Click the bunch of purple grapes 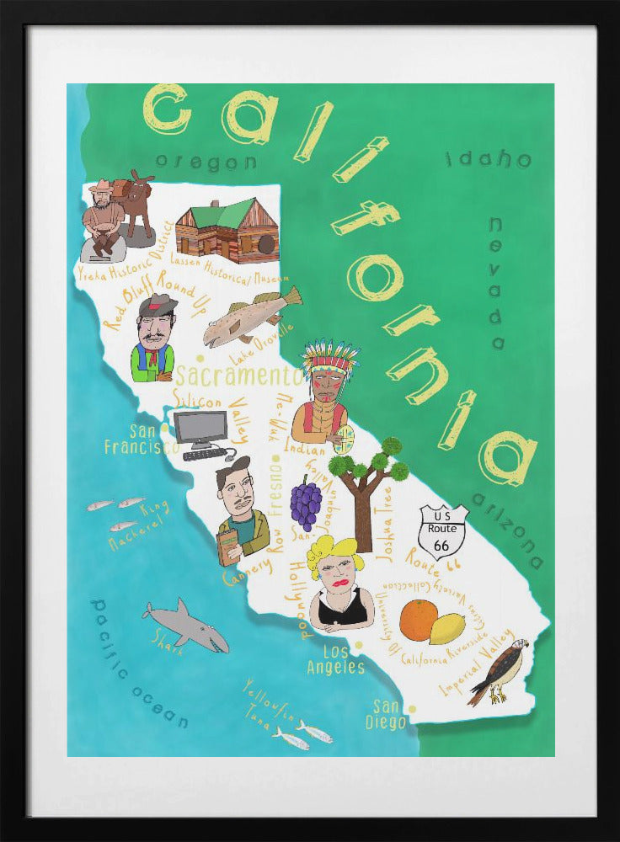[x=305, y=503]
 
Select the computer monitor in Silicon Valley [x=200, y=429]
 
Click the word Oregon [x=206, y=162]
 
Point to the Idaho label [x=489, y=158]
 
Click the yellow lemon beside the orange [x=446, y=628]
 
